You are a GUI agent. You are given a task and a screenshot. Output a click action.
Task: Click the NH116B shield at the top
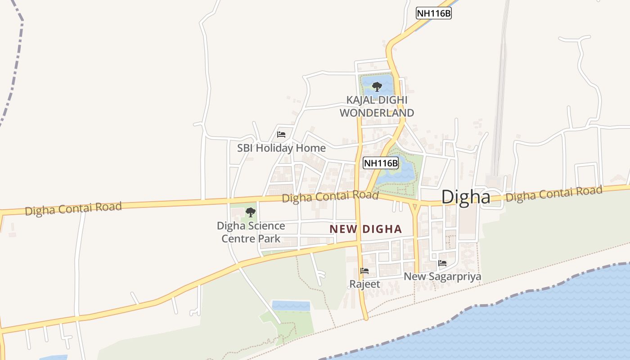(433, 13)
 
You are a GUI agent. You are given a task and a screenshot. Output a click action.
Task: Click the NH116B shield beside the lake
(381, 163)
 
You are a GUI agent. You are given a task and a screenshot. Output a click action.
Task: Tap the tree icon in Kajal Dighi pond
(377, 86)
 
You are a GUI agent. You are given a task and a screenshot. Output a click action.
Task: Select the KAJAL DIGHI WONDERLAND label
(377, 106)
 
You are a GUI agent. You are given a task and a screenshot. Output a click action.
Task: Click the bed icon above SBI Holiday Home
(281, 134)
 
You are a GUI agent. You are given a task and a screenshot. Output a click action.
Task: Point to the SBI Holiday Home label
(281, 148)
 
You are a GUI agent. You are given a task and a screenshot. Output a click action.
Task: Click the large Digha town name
(465, 197)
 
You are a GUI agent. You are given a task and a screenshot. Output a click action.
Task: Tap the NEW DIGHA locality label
(365, 229)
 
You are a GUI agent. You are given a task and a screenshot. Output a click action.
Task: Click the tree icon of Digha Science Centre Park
(251, 212)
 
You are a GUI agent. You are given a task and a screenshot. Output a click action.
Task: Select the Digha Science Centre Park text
(251, 232)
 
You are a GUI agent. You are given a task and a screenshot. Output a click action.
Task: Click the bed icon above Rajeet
(364, 271)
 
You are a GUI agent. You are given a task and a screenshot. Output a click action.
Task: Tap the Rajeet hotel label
(364, 284)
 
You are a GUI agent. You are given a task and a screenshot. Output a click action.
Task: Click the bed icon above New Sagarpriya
(442, 263)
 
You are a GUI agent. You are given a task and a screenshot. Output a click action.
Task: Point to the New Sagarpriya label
(442, 276)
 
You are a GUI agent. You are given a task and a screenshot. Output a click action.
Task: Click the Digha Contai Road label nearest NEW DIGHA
(330, 197)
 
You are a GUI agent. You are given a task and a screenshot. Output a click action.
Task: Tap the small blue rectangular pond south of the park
(291, 306)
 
